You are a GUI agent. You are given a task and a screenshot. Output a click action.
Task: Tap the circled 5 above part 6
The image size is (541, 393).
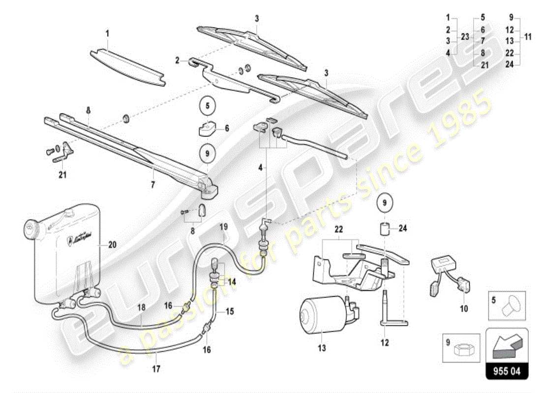(208, 105)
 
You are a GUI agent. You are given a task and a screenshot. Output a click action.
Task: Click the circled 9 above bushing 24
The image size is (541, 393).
(386, 202)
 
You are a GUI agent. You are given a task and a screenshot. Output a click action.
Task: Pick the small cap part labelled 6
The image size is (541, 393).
(207, 129)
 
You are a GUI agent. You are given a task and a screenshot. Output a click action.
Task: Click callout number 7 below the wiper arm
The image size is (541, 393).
(153, 185)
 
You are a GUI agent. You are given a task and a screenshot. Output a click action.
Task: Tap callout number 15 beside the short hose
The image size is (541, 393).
(230, 310)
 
